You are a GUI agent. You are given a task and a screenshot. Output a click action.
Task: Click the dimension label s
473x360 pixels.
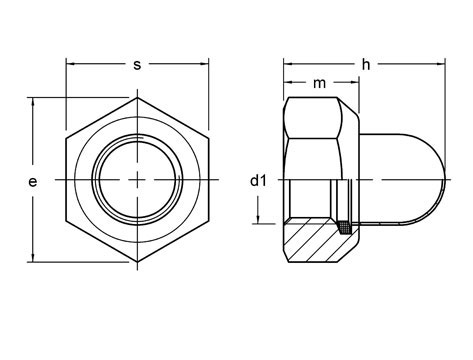pyautogui.click(x=137, y=65)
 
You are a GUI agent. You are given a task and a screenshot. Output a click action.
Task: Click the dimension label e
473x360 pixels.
pyautogui.click(x=33, y=182)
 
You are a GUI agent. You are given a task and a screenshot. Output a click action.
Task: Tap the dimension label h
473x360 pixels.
pyautogui.click(x=366, y=65)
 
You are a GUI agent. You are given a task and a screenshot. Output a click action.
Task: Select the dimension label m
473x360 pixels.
pyautogui.click(x=319, y=83)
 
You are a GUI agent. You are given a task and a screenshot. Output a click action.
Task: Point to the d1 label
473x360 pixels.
pyautogui.click(x=259, y=181)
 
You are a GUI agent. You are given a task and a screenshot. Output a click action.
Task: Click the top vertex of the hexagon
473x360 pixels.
pyautogui.click(x=137, y=98)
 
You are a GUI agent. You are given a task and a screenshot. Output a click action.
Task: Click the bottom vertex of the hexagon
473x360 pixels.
pyautogui.click(x=137, y=262)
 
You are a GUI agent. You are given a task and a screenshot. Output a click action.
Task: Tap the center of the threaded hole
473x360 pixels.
pyautogui.click(x=137, y=180)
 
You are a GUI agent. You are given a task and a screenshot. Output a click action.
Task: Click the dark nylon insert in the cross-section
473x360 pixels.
pyautogui.click(x=345, y=227)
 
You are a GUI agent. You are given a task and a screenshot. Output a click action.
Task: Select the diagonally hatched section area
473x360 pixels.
pyautogui.click(x=310, y=241)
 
